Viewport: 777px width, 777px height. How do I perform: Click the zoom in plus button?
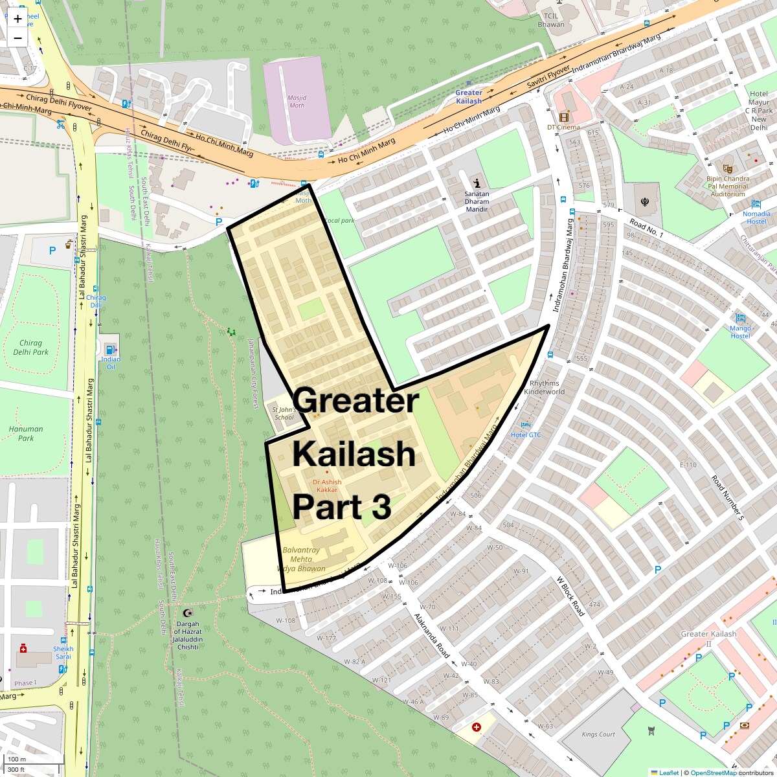[x=17, y=19]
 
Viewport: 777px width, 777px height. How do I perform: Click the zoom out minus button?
[x=17, y=38]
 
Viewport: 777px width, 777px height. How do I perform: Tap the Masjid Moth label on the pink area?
[x=297, y=101]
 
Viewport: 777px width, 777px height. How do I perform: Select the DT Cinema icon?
[x=563, y=117]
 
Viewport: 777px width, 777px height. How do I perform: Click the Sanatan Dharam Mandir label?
[x=477, y=201]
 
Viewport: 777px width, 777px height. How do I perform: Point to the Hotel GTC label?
[x=526, y=434]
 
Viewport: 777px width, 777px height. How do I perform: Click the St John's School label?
[x=284, y=413]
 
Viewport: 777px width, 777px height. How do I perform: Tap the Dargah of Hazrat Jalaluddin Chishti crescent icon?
[x=188, y=613]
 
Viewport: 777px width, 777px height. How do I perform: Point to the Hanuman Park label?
[x=26, y=433]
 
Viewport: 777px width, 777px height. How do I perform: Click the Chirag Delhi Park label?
[x=30, y=348]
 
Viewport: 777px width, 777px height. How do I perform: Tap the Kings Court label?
[x=598, y=734]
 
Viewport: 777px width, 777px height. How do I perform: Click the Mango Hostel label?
[x=740, y=332]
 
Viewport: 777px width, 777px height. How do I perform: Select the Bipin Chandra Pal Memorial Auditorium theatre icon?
[x=728, y=168]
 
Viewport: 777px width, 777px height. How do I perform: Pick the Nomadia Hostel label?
[x=756, y=218]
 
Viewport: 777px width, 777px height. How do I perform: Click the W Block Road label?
[x=570, y=596]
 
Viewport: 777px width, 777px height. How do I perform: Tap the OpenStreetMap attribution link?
[x=713, y=772]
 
